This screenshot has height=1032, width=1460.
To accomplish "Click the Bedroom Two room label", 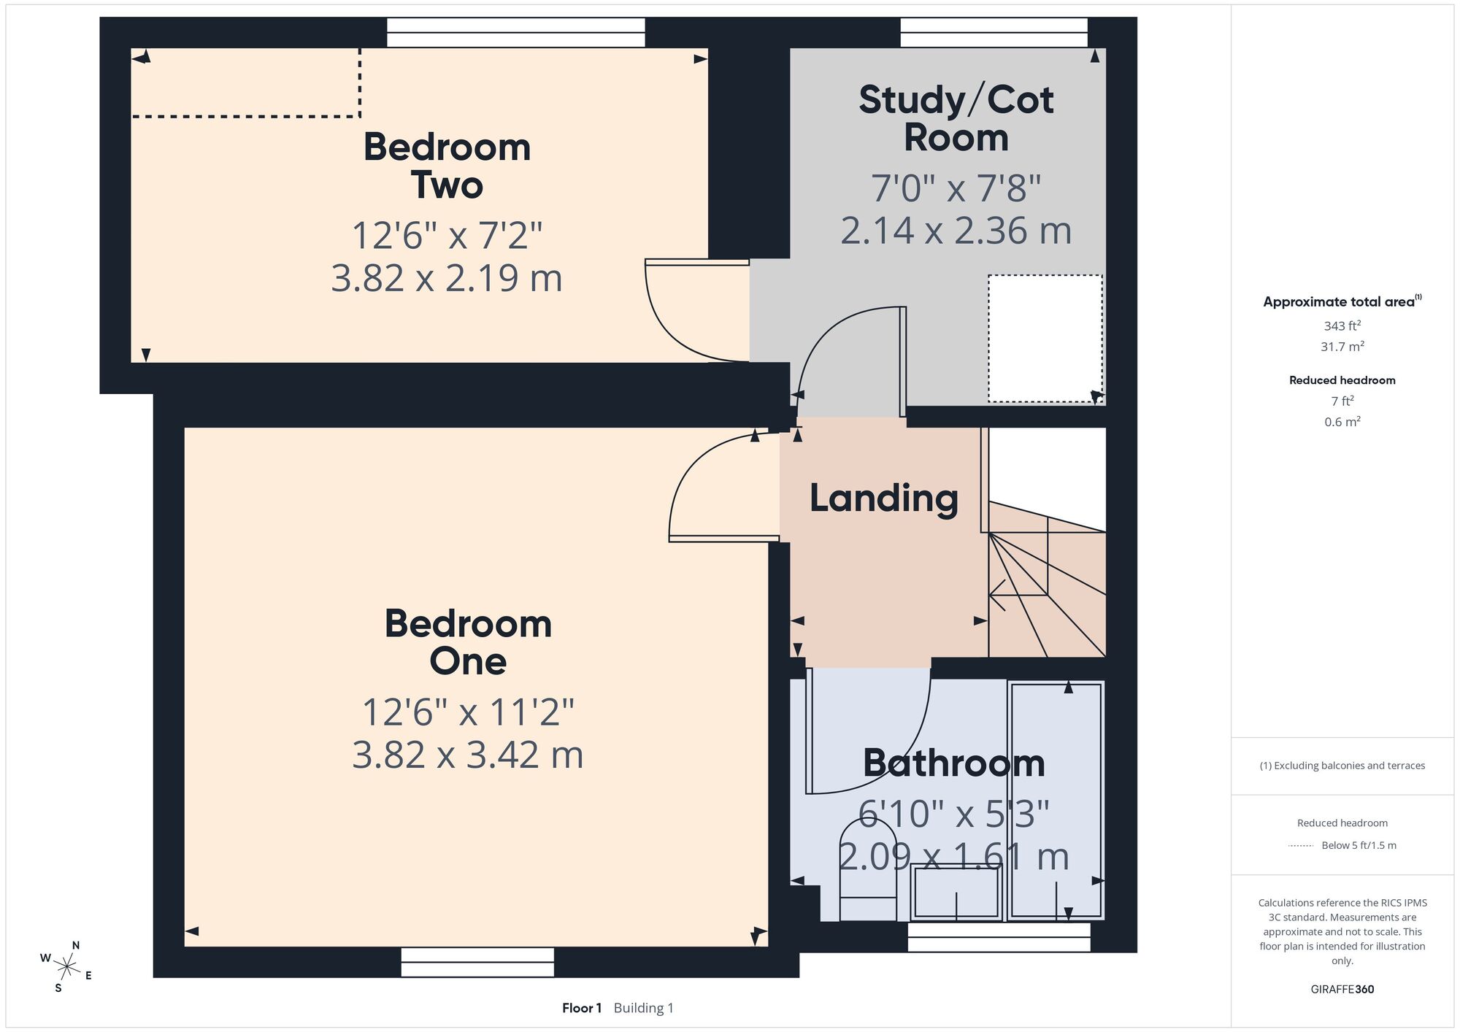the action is coord(447,166).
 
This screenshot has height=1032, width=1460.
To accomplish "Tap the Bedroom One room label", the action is coord(468,642).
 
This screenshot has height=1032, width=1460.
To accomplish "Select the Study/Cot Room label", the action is coord(956,118).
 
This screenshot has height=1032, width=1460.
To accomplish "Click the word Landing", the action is coord(884,498).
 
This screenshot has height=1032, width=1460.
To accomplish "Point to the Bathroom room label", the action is coord(954,763).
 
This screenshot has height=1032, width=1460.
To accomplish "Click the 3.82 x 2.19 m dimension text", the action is coord(447,278).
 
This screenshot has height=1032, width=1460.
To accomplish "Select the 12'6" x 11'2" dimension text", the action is coord(468,712).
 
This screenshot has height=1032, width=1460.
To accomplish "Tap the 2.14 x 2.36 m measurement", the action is coord(956,231).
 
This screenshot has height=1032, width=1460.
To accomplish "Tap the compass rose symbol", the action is coord(66,968).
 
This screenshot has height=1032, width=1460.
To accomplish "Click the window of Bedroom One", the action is coord(477,962).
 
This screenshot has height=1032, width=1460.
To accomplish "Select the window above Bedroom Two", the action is coord(516,32).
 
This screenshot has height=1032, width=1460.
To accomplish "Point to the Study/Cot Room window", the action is coord(994,32).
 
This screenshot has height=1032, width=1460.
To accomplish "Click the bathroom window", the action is coord(999,937).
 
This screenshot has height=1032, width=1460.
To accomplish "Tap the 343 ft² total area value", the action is coord(1342,326).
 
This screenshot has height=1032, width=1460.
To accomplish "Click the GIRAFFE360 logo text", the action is coord(1342,990).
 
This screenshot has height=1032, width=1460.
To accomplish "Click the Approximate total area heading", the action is coord(1342,301).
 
